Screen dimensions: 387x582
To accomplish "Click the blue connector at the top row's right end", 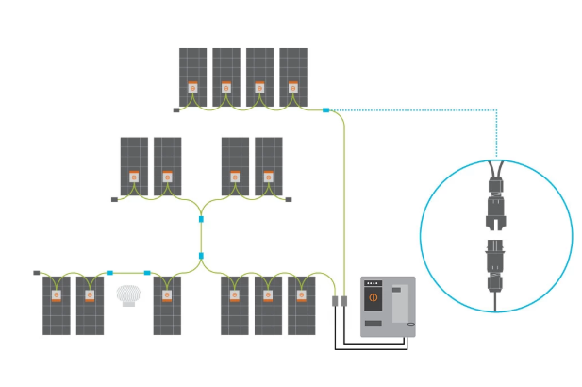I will (325, 110).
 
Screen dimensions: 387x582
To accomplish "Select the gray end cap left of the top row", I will (175, 110).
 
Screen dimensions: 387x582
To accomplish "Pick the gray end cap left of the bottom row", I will (37, 272).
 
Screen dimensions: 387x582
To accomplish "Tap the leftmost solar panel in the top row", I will (192, 76).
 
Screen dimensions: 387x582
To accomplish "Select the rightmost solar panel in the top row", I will (293, 76).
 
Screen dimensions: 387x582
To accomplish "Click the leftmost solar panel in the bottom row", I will (56, 304).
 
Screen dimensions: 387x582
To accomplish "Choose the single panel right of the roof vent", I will (168, 304).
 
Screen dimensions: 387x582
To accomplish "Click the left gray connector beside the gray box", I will (335, 301).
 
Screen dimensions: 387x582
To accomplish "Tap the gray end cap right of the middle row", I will (289, 199).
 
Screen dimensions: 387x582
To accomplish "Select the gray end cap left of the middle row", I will (114, 199).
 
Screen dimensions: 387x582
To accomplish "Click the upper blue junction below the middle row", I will (201, 219).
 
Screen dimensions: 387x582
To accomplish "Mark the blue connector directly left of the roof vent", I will (109, 272).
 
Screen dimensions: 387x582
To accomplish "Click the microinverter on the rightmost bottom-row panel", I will (302, 295).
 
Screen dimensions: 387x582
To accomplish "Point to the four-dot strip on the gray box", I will (373, 283).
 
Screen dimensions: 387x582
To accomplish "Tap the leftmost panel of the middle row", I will (134, 166).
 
